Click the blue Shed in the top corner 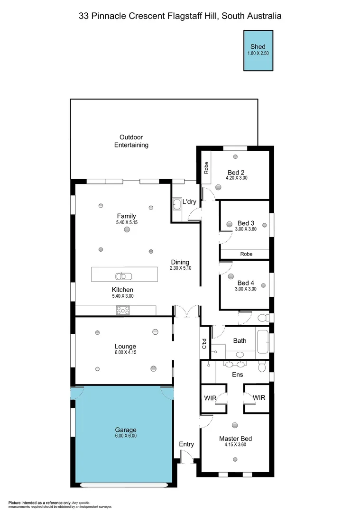click(258, 51)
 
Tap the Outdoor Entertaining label click(131, 141)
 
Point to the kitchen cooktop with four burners click(123, 311)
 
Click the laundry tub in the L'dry click(177, 205)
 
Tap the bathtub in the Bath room click(262, 340)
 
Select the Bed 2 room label click(236, 172)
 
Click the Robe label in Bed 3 click(246, 254)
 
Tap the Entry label click(186, 444)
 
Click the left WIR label click(210, 398)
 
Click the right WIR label click(258, 398)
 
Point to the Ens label click(237, 375)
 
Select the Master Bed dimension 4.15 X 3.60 click(235, 445)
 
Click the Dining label click(180, 262)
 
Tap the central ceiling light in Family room click(127, 230)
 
